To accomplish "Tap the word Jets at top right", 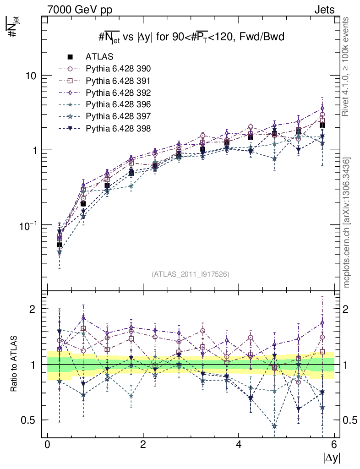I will pyautogui.click(x=324, y=10).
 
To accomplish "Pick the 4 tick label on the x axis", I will pyautogui.click(x=239, y=445).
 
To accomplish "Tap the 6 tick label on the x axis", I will pyautogui.click(x=334, y=445).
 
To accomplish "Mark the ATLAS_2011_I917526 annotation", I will pyautogui.click(x=190, y=274).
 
